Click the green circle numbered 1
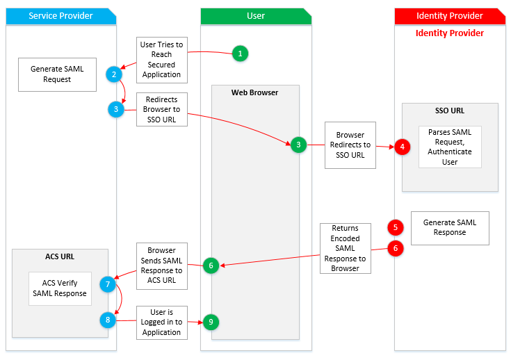tap(240, 54)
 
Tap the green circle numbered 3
tap(298, 145)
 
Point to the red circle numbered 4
tap(402, 146)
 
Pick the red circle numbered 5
tap(396, 227)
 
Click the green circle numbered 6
tap(211, 265)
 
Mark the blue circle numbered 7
tap(107, 284)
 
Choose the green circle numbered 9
tap(211, 322)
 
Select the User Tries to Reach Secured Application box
tap(161, 59)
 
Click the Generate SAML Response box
tap(450, 227)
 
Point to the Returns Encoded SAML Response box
tap(345, 248)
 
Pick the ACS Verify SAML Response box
tap(60, 288)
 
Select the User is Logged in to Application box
tap(161, 322)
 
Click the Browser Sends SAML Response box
tap(161, 265)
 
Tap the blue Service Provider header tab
tap(60, 15)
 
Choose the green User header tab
tap(256, 15)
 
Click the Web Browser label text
tap(255, 92)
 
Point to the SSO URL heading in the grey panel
tap(450, 111)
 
